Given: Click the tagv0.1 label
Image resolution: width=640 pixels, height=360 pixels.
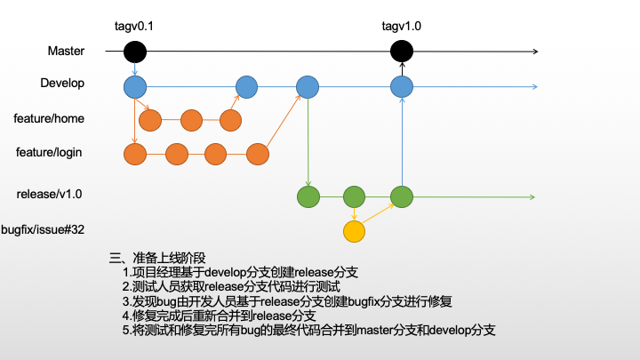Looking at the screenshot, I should [134, 27].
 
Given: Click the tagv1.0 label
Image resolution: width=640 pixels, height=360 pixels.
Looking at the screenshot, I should [401, 27].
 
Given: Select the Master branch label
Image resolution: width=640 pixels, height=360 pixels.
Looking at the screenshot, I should [66, 52].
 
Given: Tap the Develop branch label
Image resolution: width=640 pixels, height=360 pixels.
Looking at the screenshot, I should [62, 84].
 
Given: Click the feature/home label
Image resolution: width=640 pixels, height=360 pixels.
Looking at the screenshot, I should [49, 117].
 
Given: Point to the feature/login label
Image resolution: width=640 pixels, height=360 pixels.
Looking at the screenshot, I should [49, 152].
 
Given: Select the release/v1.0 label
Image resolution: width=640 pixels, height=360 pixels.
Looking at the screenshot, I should [51, 193].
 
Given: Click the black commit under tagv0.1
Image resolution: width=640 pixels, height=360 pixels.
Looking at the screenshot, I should [134, 52].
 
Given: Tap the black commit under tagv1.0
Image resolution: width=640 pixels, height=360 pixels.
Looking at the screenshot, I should [402, 52].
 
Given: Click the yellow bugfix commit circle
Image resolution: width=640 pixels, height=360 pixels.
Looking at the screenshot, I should [355, 232].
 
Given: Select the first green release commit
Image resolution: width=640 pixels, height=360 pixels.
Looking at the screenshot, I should [308, 196].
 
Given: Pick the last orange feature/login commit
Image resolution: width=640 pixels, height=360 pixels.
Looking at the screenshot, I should [258, 154].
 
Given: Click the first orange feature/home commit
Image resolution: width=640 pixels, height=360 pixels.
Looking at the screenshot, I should [150, 120].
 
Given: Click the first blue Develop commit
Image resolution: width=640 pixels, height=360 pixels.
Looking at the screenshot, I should [134, 86].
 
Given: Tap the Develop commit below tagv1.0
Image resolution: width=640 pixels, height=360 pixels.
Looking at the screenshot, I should [402, 86].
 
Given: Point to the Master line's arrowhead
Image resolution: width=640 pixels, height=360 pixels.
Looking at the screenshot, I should [534, 52].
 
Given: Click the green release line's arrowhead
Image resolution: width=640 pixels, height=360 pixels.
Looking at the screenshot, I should [531, 196].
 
